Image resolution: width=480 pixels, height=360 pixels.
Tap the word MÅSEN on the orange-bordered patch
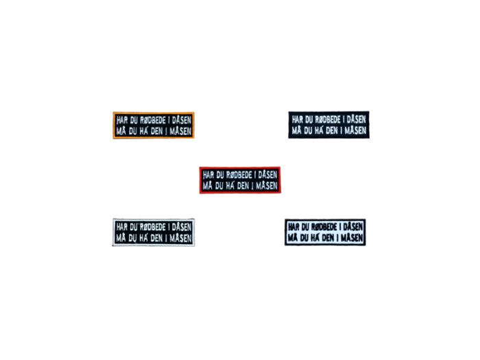click(x=180, y=131)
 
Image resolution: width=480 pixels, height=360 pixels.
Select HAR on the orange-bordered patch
click(x=123, y=120)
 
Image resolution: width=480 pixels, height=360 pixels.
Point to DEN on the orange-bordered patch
click(x=158, y=131)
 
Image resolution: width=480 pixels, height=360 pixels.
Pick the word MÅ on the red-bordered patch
click(x=207, y=186)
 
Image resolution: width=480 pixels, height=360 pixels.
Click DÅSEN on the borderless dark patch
click(x=355, y=119)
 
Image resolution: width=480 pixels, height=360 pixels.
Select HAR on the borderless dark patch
click(x=298, y=119)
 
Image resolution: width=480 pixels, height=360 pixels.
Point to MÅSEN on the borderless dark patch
click(x=355, y=130)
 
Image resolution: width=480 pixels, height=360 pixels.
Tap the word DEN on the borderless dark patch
click(x=333, y=130)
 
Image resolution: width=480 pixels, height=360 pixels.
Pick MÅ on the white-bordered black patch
click(x=121, y=238)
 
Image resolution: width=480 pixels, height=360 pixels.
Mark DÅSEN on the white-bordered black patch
click(x=180, y=227)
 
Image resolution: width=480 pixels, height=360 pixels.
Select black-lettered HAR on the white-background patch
click(x=294, y=226)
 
